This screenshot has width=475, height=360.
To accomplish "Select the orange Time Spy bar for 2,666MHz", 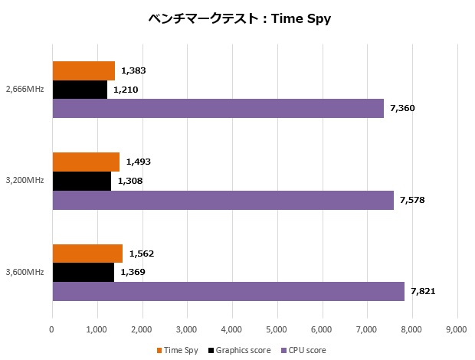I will pyautogui.click(x=84, y=70).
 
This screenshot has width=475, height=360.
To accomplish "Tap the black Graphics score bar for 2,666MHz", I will pyautogui.click(x=80, y=90).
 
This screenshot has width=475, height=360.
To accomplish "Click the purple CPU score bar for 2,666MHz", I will pyautogui.click(x=218, y=109).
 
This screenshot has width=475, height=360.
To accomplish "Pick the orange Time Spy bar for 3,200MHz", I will pyautogui.click(x=86, y=162).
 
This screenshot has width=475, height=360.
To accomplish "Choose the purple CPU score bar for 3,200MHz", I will pyautogui.click(x=222, y=200).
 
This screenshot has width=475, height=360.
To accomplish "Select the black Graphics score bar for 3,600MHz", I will pyautogui.click(x=83, y=272).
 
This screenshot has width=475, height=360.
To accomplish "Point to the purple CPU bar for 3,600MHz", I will pyautogui.click(x=228, y=291).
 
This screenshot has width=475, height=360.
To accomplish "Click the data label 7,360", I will pyautogui.click(x=402, y=109).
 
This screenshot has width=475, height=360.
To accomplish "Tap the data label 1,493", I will pyautogui.click(x=139, y=162).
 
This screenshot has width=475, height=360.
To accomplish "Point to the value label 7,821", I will pyautogui.click(x=423, y=291).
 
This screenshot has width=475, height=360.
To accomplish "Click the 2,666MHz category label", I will pyautogui.click(x=25, y=90).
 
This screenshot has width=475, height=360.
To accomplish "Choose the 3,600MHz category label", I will pyautogui.click(x=25, y=272).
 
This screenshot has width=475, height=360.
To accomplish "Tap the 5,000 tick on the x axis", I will pyautogui.click(x=277, y=329).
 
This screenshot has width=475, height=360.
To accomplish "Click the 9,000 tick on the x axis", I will pyautogui.click(x=457, y=329).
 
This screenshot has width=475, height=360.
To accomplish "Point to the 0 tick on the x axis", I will pyautogui.click(x=52, y=329).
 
